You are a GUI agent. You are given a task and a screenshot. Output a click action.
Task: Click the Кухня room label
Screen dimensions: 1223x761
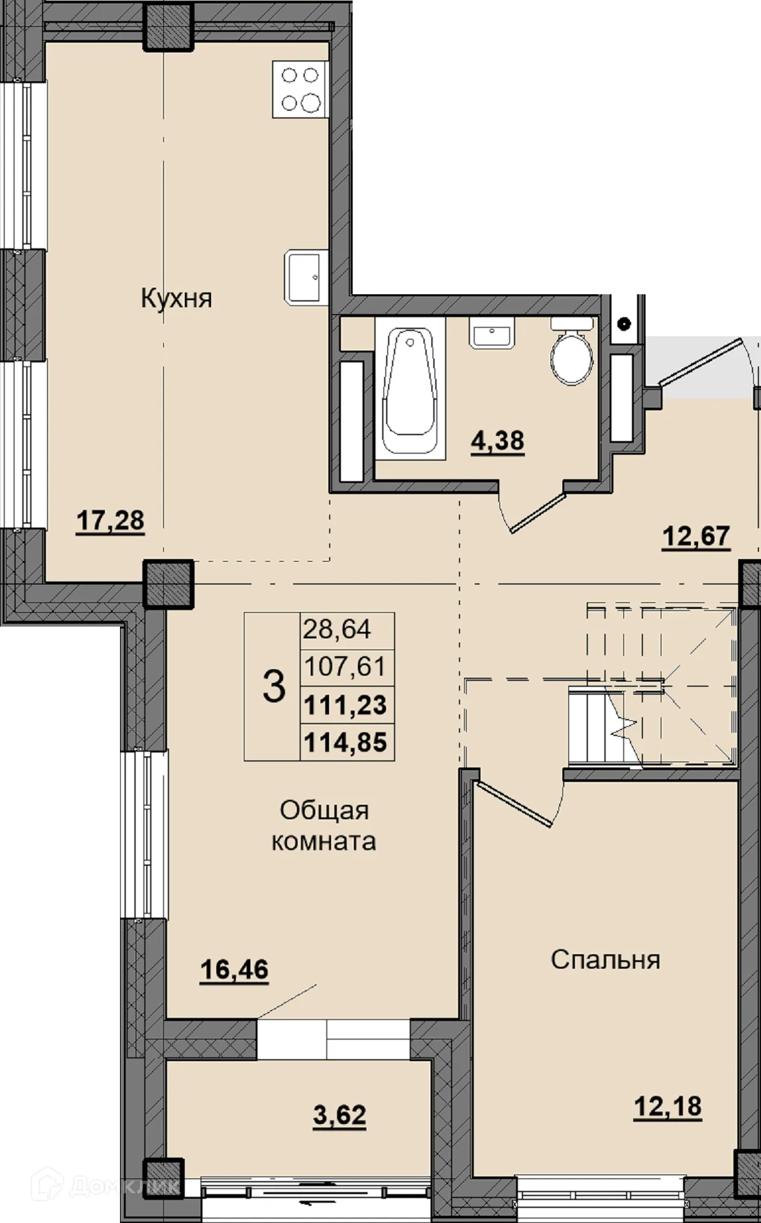(x=177, y=299)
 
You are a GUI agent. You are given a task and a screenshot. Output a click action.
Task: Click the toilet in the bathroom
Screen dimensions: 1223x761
(x=572, y=354)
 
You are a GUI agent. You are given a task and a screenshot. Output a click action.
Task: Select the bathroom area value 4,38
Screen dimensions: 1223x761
(x=498, y=440)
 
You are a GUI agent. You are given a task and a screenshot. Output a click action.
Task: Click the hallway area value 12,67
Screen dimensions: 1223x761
(x=696, y=536)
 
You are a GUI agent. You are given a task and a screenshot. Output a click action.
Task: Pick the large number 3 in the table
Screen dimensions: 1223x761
(x=274, y=687)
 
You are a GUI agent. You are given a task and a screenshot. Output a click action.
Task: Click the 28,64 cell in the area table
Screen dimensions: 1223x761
(x=337, y=630)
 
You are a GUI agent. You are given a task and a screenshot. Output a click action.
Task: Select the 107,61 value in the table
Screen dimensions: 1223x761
(x=345, y=667)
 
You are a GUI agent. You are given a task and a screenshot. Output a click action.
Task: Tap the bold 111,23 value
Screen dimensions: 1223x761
(x=345, y=706)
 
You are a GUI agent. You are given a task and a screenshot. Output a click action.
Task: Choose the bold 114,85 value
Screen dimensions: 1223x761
(x=345, y=743)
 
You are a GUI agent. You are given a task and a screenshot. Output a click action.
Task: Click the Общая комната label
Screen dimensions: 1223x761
(x=324, y=826)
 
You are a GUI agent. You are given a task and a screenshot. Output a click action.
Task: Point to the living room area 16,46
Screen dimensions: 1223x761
(x=234, y=969)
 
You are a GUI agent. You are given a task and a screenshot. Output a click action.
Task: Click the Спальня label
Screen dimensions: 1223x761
(x=605, y=960)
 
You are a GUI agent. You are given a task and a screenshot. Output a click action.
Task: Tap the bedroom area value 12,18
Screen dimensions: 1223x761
(x=667, y=1107)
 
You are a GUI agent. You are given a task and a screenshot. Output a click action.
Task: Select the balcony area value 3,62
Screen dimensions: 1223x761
(x=340, y=1114)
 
